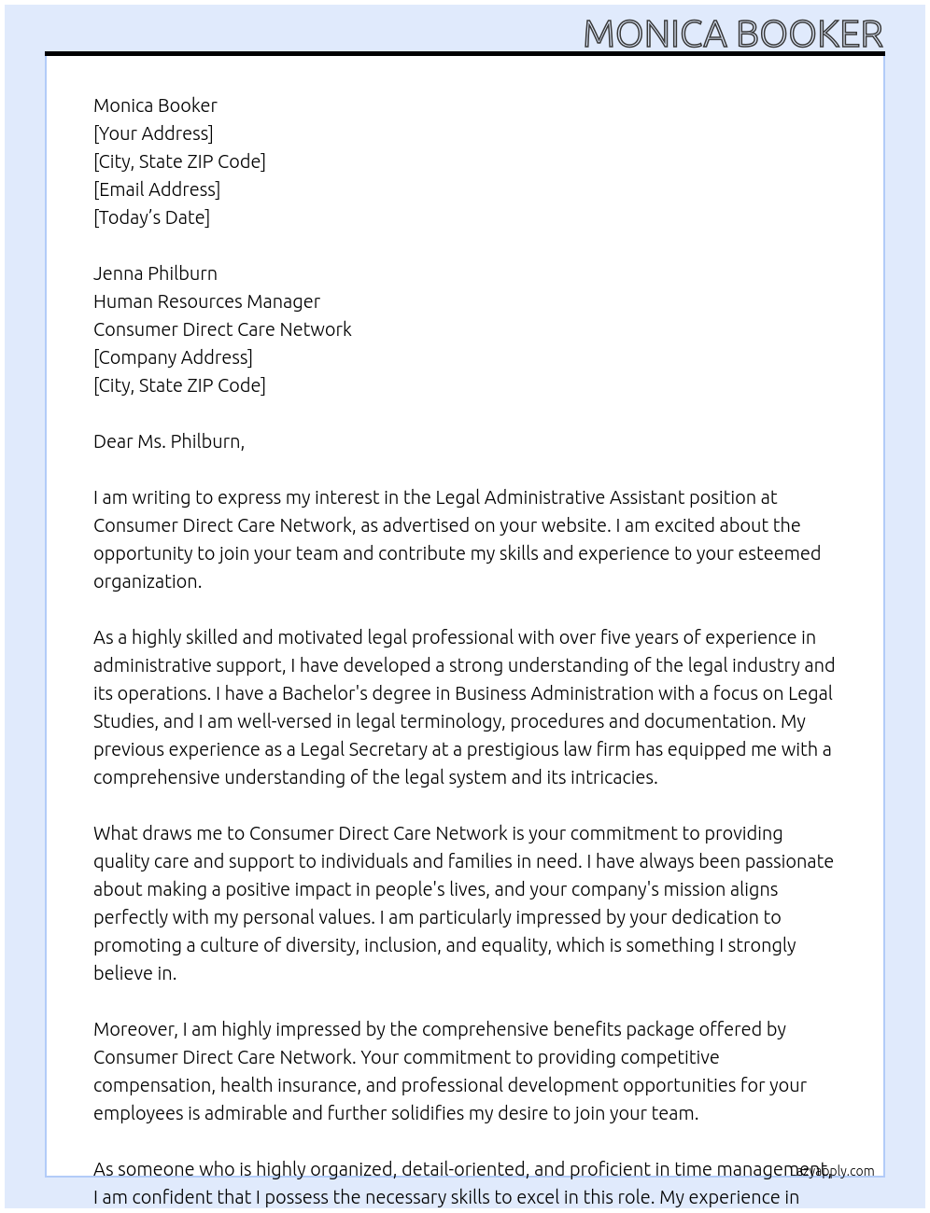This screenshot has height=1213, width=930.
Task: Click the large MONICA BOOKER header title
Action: [x=733, y=34]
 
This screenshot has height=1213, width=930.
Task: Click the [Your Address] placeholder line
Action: [x=153, y=133]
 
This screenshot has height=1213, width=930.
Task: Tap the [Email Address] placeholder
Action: [x=157, y=189]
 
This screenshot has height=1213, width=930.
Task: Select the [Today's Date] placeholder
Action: [x=151, y=217]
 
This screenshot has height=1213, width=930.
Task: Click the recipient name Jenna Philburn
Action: [x=155, y=273]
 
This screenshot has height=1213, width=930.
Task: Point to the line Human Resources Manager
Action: [x=206, y=301]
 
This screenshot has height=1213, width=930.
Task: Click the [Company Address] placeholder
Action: [x=173, y=357]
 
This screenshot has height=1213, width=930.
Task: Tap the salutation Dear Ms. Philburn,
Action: [x=169, y=441]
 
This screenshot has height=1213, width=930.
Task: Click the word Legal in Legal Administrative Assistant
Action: [x=457, y=497]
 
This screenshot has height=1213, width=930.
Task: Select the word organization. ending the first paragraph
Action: [x=148, y=581]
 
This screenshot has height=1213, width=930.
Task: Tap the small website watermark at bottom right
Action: [x=836, y=1171]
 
